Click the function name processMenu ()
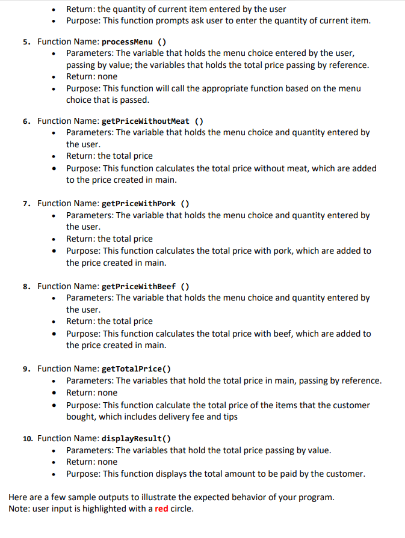click(x=134, y=42)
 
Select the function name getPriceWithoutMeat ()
click(x=152, y=121)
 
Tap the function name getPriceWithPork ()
click(x=146, y=203)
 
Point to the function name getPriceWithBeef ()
click(x=146, y=286)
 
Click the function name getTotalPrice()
click(x=136, y=368)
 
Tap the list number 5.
click(x=26, y=42)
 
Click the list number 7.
click(x=26, y=203)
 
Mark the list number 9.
click(x=26, y=368)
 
